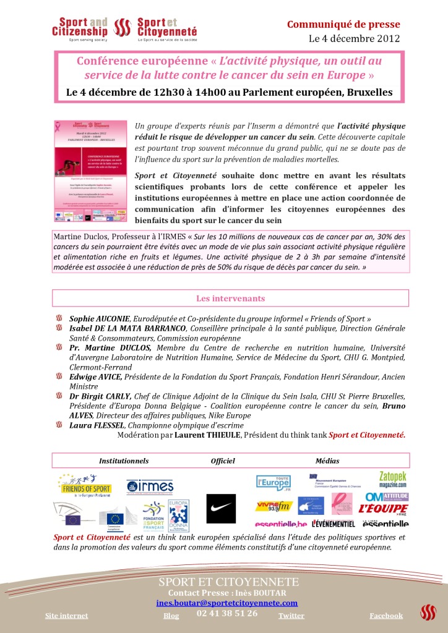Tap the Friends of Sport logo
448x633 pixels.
coord(84,486)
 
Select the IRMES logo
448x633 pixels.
coord(150,486)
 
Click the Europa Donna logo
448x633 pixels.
coord(179,514)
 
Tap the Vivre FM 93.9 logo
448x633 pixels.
coord(273,507)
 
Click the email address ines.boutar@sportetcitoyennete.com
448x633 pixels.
coord(227,603)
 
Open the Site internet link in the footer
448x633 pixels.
coord(67,616)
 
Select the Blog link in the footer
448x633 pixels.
coord(171,616)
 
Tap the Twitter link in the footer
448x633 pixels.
coord(291,616)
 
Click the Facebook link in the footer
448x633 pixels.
coord(386,616)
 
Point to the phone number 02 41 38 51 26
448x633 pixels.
coord(227,613)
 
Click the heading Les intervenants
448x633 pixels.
coord(230,298)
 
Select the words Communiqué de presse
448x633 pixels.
coord(343,25)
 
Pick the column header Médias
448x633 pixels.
coord(327,461)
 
